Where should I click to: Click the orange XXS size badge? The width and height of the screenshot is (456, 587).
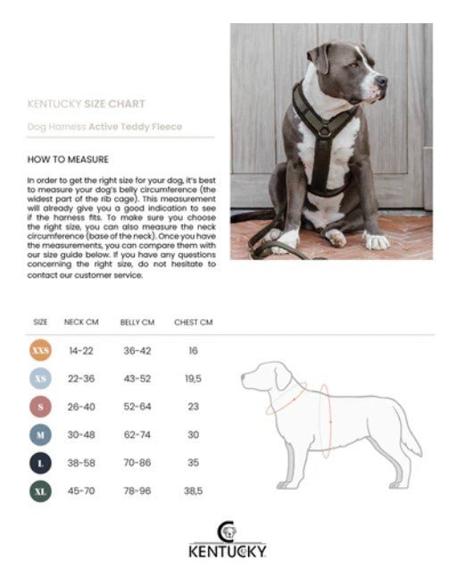coord(40,351)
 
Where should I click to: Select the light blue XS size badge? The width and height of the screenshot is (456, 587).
coord(40,379)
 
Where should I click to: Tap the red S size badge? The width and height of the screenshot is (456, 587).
coord(40,407)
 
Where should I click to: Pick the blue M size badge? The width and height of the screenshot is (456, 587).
coord(40,434)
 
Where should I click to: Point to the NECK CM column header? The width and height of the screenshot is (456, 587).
coord(80,322)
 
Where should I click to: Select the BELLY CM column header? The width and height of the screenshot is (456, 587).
coord(137,322)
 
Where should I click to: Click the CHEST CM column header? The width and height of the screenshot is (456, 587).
coord(194,322)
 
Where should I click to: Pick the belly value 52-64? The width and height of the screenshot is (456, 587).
coord(137,407)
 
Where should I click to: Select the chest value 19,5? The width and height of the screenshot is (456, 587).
coord(193,379)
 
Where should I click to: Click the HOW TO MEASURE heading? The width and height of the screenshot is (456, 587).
coord(68,160)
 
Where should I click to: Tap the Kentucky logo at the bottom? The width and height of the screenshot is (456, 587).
coord(227,541)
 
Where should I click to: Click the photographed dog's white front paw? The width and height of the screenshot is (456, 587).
coord(376,241)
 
